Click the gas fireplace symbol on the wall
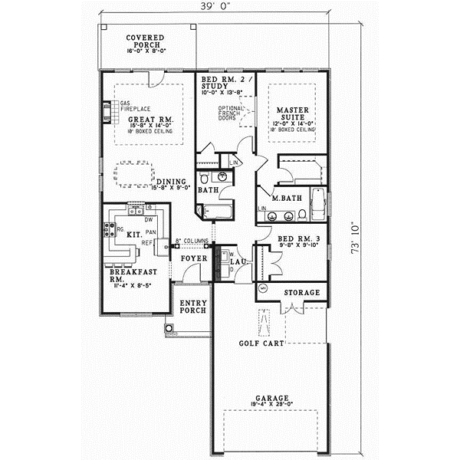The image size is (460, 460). pos(106,113)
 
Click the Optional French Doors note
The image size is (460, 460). pos(230,113)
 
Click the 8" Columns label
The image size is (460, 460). pos(192,241)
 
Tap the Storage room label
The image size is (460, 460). pos(301,294)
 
